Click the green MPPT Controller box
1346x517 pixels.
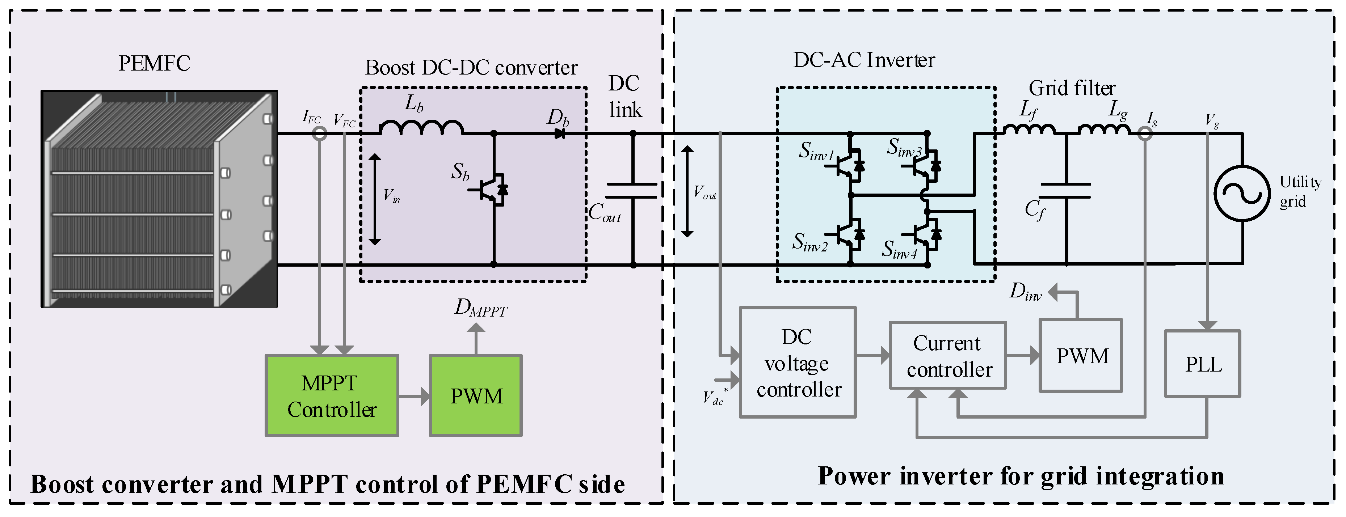pos(332,396)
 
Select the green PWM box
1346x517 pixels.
pos(475,396)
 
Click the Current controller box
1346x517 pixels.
pos(948,356)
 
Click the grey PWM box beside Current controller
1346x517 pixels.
pos(1081,356)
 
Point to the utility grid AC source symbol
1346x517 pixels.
pos(1241,193)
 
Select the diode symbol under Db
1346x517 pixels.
pos(560,134)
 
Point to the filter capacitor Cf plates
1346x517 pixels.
pos(1066,191)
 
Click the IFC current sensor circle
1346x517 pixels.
pos(319,134)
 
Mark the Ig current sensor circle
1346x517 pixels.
pos(1145,134)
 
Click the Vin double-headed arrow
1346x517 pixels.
pos(375,199)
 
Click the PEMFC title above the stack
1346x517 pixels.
pos(154,63)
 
